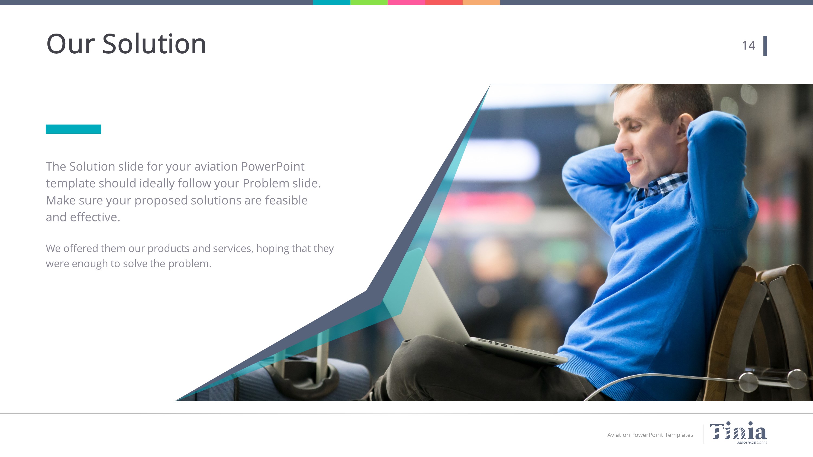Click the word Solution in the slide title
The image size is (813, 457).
(x=154, y=44)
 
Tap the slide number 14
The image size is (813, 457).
(x=748, y=46)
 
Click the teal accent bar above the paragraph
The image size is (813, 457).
(x=73, y=129)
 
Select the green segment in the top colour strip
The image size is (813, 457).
(x=369, y=2)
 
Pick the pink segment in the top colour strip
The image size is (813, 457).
(x=406, y=2)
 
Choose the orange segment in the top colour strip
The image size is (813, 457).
(x=481, y=2)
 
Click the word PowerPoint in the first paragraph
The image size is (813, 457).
(x=273, y=167)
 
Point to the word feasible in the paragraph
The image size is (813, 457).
(x=286, y=200)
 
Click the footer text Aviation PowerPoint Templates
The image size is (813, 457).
(x=650, y=435)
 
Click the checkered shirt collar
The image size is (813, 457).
(x=661, y=184)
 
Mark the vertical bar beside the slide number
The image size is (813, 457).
(x=765, y=46)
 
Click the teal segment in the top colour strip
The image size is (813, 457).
(x=332, y=2)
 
